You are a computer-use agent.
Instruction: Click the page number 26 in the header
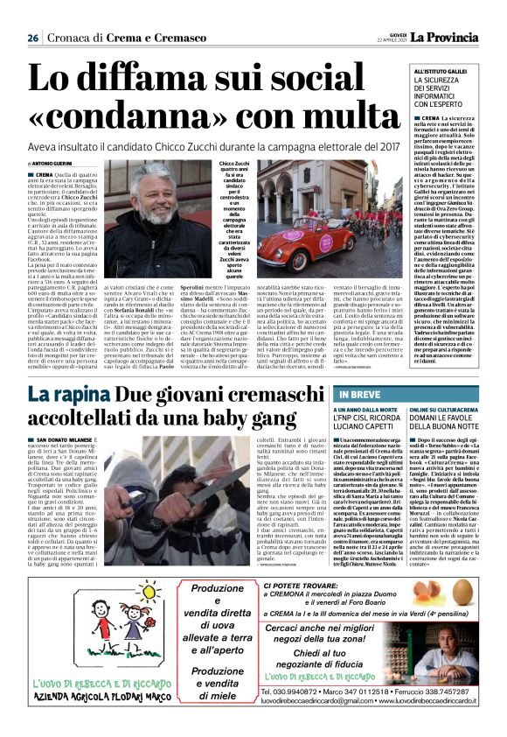point(31,38)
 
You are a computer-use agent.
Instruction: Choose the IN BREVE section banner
point(353,396)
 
